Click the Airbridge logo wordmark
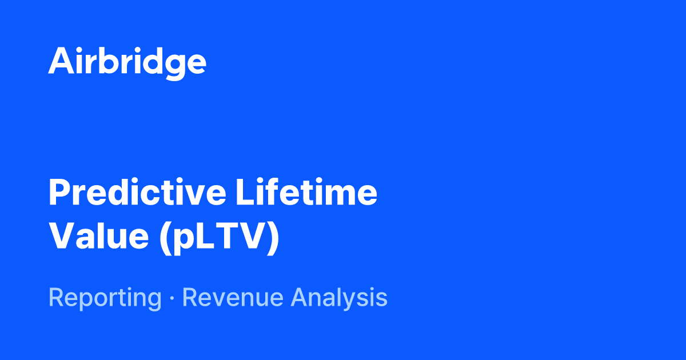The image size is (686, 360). click(127, 61)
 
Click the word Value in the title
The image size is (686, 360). click(98, 237)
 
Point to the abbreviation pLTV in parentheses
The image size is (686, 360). click(219, 237)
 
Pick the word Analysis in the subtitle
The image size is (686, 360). click(338, 298)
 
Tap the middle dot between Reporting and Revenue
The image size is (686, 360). click(171, 298)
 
